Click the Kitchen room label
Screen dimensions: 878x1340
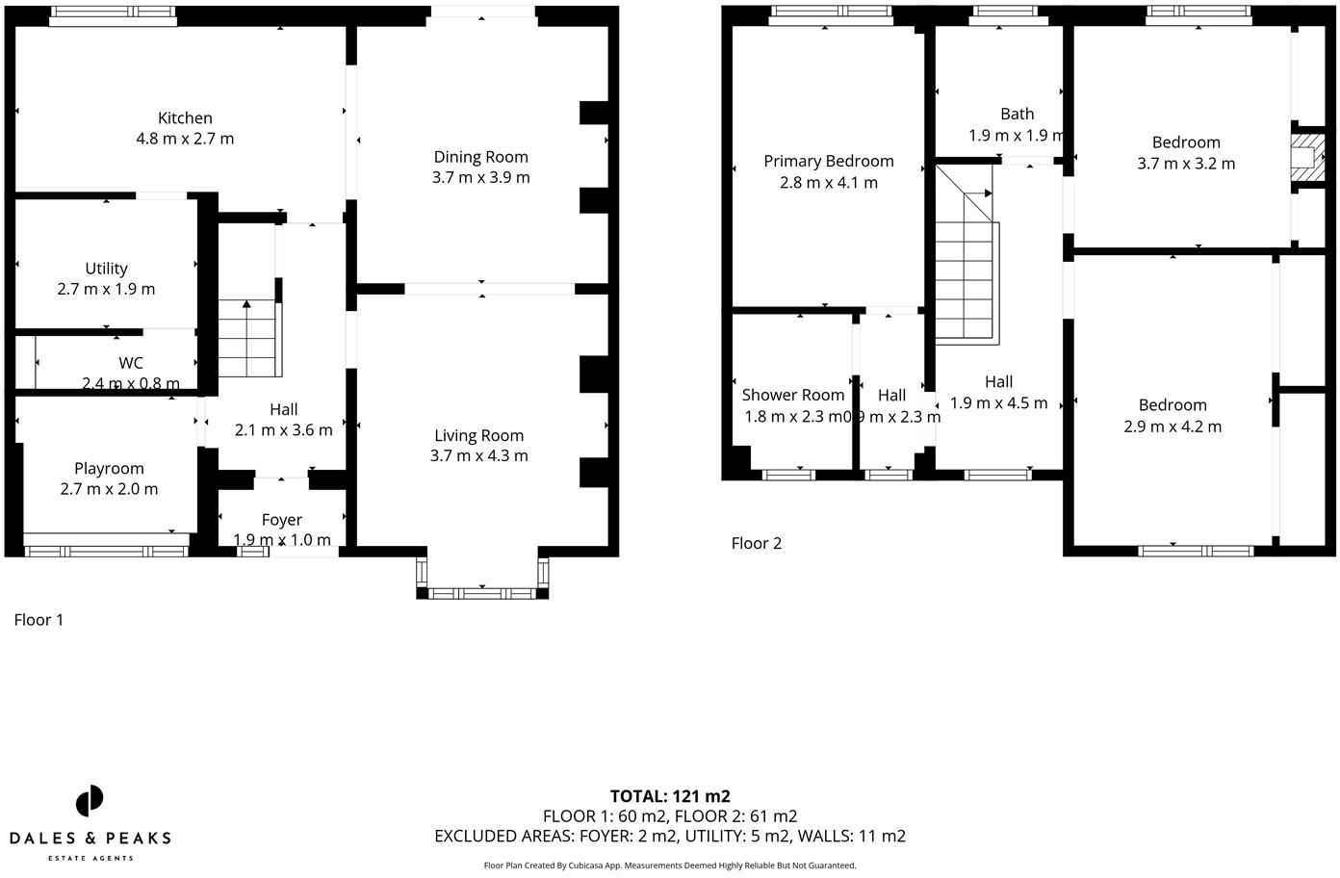tap(185, 118)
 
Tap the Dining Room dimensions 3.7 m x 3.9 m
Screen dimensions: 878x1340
tap(480, 177)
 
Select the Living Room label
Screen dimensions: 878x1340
tap(478, 435)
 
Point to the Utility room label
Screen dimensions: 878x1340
tap(106, 269)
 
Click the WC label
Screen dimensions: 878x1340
tap(131, 363)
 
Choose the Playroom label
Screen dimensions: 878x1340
tap(109, 468)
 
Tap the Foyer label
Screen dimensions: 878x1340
tap(282, 520)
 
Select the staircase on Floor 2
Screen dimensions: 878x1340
tap(966, 265)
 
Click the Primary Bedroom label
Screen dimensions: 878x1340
tap(829, 161)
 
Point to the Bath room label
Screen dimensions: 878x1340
tap(1017, 114)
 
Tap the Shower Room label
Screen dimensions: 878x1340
tap(793, 395)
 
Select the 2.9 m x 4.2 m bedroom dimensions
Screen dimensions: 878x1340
tap(1172, 426)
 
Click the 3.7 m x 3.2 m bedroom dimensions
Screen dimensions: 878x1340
tap(1186, 164)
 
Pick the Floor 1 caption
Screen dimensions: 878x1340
tap(39, 620)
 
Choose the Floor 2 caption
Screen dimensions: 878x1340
tap(757, 543)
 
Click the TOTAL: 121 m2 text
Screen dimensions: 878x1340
tap(670, 796)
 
